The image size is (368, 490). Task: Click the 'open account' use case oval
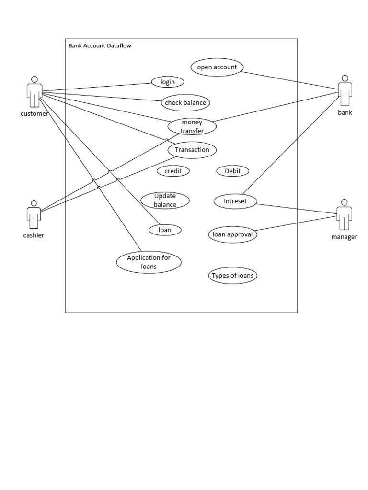click(217, 67)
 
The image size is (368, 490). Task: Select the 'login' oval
click(168, 82)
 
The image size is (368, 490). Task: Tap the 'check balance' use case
click(185, 102)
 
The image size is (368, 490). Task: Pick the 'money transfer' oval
click(192, 126)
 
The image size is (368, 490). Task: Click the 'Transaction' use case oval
click(192, 150)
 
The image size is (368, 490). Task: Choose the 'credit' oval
click(173, 171)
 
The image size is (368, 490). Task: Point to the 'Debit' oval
click(232, 171)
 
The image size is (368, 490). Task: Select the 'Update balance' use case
click(165, 200)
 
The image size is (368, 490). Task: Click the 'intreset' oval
click(235, 201)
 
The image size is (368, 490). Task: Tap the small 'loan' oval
click(165, 230)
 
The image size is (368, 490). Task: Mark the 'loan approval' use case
click(232, 234)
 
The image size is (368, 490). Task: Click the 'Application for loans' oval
click(149, 262)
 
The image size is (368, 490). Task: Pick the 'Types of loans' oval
click(232, 276)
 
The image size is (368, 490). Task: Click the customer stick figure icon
click(34, 92)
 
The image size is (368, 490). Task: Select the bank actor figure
click(345, 91)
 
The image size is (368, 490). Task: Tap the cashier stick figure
click(34, 215)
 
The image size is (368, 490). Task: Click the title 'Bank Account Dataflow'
click(100, 46)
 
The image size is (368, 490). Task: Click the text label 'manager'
click(344, 237)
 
